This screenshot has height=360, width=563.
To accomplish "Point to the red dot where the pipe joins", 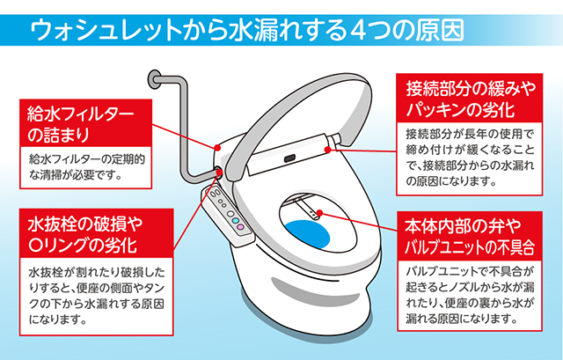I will [x=216, y=169].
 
